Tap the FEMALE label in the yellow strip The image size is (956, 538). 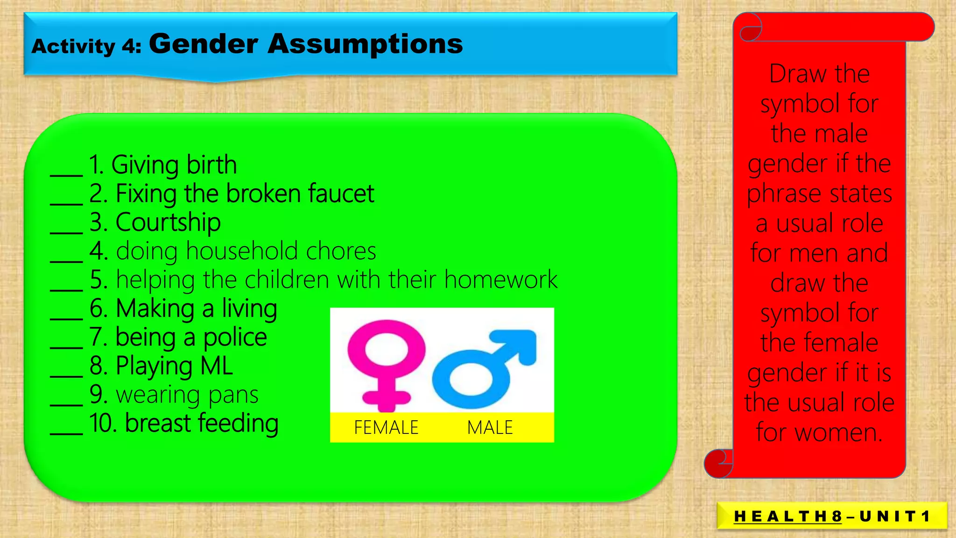(x=386, y=428)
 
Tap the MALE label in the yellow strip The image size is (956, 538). (x=490, y=428)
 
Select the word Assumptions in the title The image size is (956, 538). (x=365, y=44)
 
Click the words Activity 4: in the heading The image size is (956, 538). (x=86, y=47)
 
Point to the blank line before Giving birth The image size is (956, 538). (x=66, y=174)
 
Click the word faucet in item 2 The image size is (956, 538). (x=341, y=193)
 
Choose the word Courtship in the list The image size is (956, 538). (x=168, y=222)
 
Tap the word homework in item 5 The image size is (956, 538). (x=500, y=280)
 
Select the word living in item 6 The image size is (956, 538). (x=249, y=309)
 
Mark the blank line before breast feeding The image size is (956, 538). (x=66, y=432)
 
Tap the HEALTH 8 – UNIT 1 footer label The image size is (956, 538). (x=832, y=516)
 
